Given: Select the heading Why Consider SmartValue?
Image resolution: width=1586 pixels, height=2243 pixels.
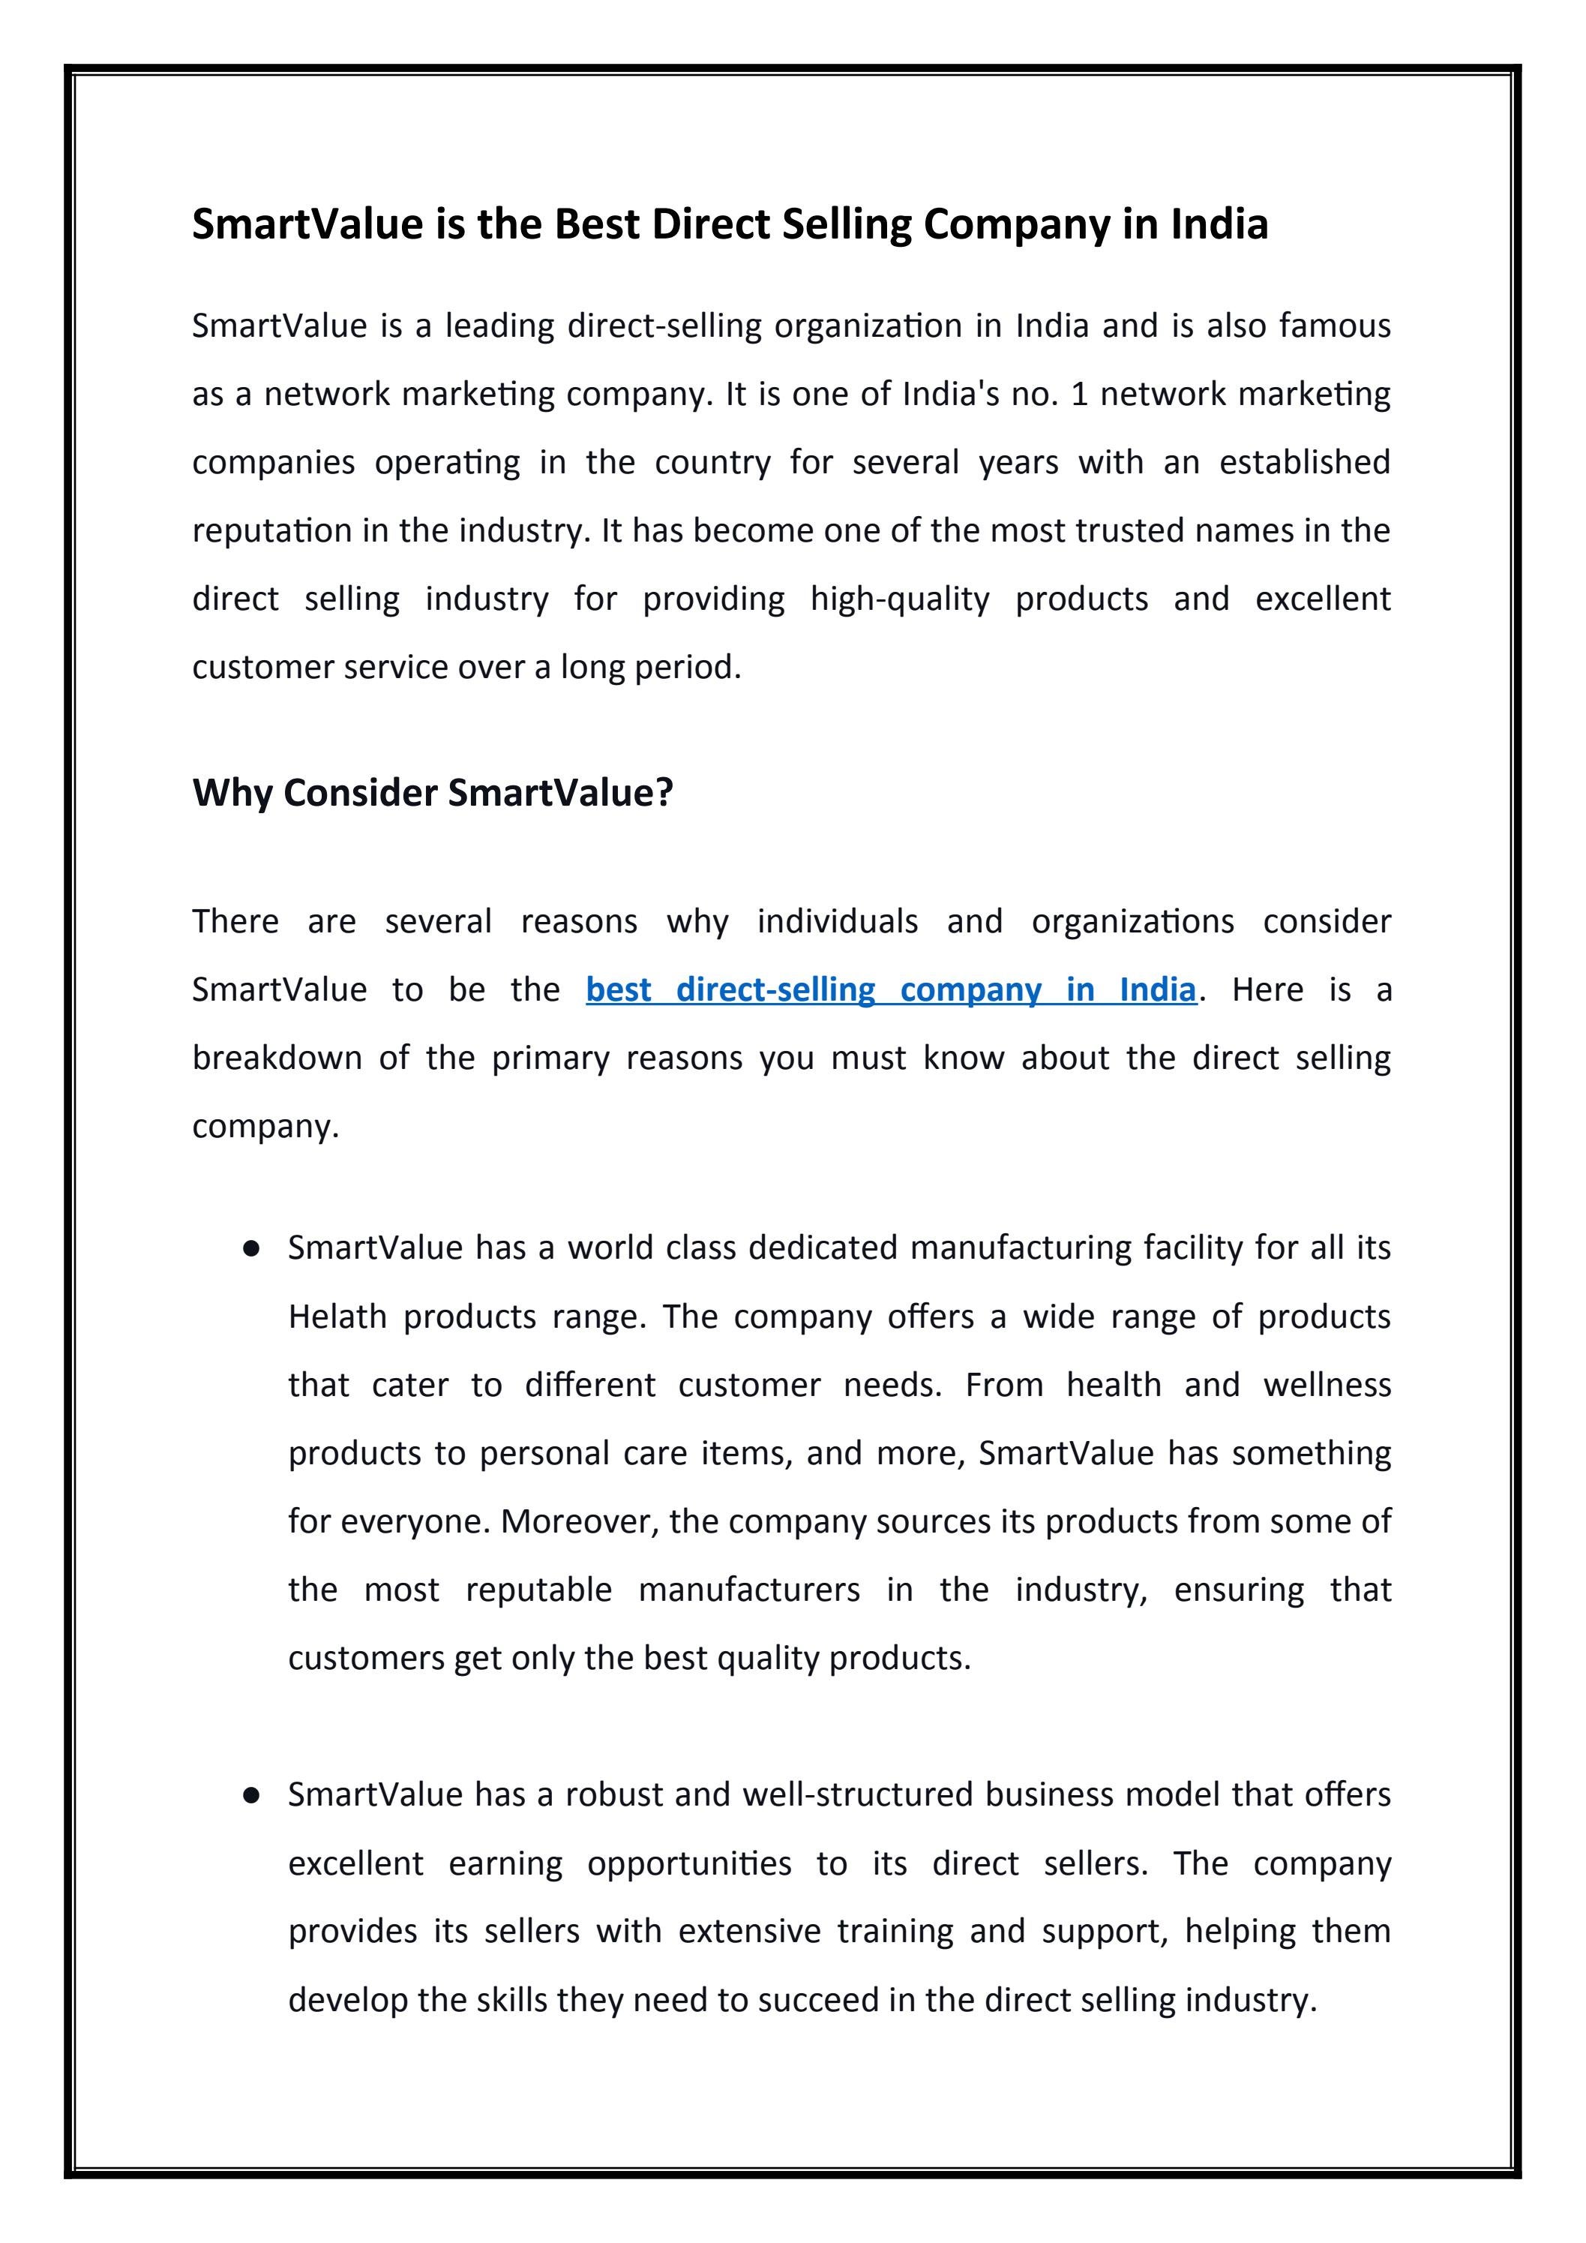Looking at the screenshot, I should click(433, 792).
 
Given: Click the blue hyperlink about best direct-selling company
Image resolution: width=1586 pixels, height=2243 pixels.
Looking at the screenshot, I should click(891, 989).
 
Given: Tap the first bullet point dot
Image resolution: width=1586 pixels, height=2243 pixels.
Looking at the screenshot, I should click(252, 1248).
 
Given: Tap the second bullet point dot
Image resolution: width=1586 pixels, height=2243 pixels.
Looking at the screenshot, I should click(252, 1796).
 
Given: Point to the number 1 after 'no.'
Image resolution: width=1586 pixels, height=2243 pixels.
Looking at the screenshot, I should click(1079, 394).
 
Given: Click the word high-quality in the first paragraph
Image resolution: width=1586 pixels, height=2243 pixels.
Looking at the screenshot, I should click(899, 599).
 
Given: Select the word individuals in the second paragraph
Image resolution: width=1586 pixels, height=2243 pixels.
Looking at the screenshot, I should click(837, 921).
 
